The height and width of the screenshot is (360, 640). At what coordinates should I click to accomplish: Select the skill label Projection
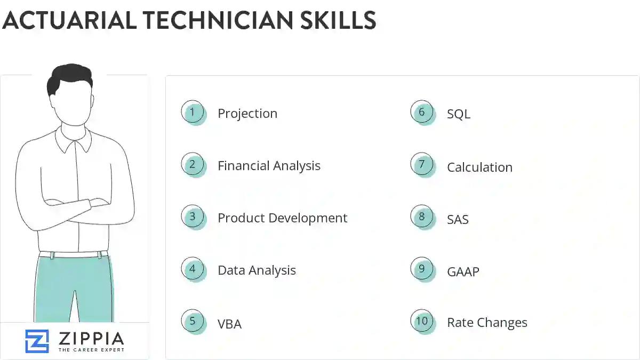coord(247,114)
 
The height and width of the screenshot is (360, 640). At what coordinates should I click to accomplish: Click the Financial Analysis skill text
coord(269,166)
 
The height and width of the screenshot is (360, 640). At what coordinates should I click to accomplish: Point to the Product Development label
coord(282,218)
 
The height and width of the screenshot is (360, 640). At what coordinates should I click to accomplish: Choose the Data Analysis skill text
coord(257,270)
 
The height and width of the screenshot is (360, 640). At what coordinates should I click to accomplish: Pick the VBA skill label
coord(229,324)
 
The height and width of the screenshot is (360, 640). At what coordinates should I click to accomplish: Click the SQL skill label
coord(459,114)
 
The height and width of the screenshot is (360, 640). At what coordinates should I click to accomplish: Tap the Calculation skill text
coord(479,167)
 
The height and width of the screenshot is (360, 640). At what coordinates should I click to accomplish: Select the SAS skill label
coord(458,219)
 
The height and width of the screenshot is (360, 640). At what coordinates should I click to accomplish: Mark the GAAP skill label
coord(463,271)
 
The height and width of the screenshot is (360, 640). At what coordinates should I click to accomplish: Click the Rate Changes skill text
coord(487,323)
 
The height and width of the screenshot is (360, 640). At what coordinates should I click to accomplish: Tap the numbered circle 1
coord(193,112)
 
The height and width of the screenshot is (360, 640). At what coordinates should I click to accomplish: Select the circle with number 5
coord(193,321)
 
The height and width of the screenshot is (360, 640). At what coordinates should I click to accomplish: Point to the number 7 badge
coord(422,164)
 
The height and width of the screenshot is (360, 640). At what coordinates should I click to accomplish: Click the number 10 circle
coord(422,321)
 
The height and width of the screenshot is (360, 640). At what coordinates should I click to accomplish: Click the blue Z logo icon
coord(37,341)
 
